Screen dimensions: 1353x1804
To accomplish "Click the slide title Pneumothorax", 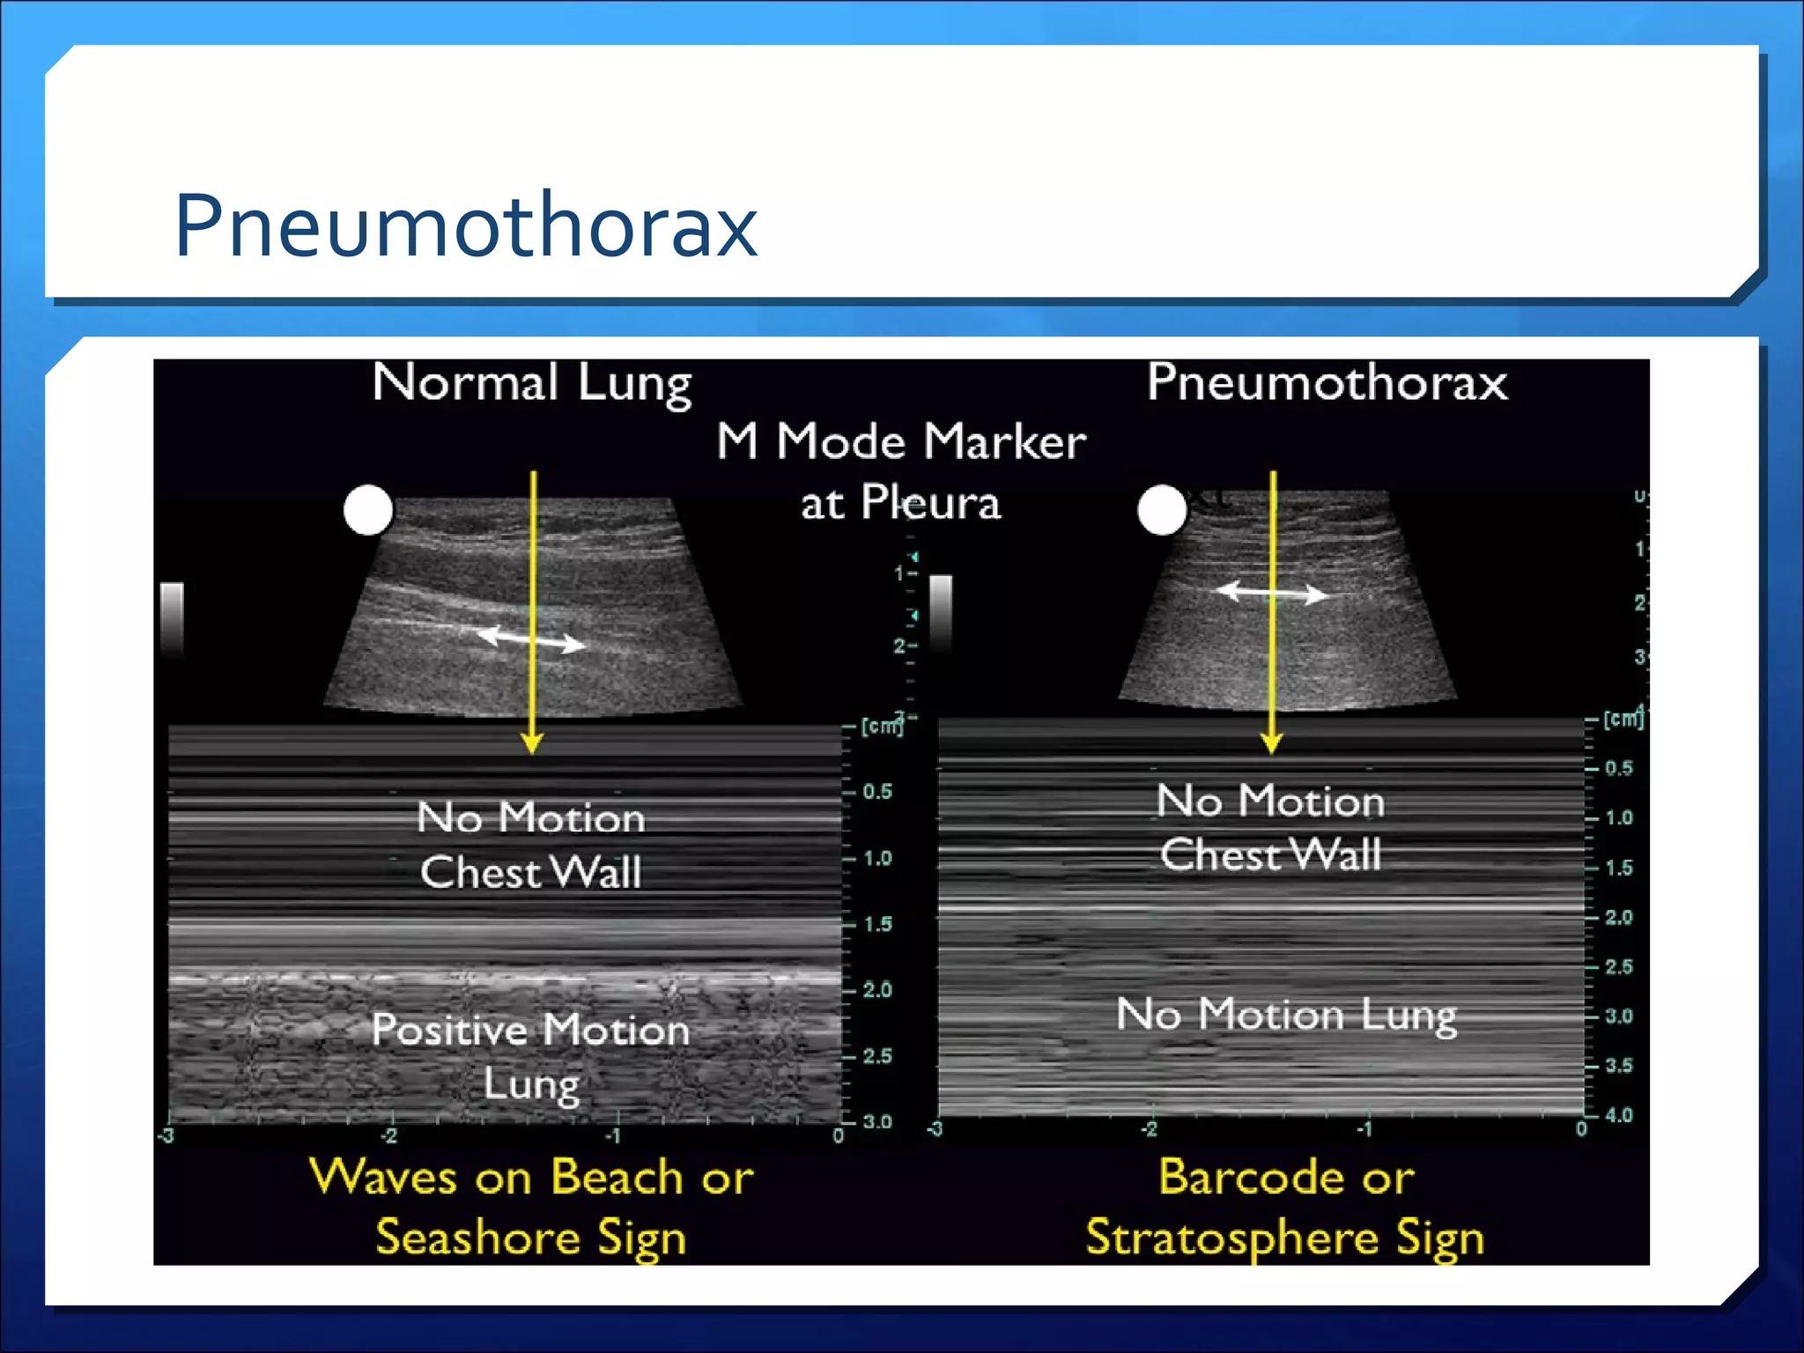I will [466, 225].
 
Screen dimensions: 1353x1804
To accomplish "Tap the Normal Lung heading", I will [532, 384].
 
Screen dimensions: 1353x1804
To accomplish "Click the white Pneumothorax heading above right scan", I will [1327, 382].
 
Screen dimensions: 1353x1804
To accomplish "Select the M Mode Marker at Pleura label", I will [900, 472].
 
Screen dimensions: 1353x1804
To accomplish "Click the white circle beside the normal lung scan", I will [367, 510].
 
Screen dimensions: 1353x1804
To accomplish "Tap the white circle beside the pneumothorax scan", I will [1162, 510].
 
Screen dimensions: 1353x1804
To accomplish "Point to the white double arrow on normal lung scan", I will [530, 639].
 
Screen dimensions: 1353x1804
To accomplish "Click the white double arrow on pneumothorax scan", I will [1271, 593].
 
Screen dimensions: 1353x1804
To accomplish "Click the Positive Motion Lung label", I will [530, 1056].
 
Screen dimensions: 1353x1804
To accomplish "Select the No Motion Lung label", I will [1286, 1015].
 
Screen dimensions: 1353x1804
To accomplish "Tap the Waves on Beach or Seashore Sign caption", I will [531, 1206].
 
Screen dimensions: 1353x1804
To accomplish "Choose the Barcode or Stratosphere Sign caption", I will [1285, 1206].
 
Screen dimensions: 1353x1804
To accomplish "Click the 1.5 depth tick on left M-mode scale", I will [876, 924].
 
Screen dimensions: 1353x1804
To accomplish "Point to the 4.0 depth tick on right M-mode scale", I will [1618, 1115].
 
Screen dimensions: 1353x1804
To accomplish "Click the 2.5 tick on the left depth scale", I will [876, 1055].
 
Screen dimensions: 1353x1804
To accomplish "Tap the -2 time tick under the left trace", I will [388, 1136].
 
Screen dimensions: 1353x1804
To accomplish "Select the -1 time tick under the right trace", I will [1364, 1129].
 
